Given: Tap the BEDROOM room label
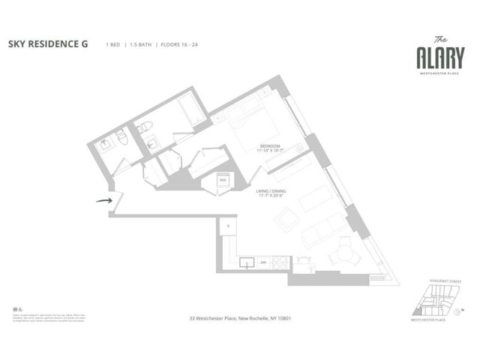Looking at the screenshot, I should [x=270, y=145].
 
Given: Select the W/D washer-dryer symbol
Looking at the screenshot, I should [x=223, y=179].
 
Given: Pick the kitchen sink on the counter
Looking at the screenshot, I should [x=247, y=262].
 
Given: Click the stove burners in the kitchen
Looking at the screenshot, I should [x=279, y=262].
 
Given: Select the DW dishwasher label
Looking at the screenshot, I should [x=263, y=263].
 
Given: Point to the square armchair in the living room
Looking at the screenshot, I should [x=286, y=219].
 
